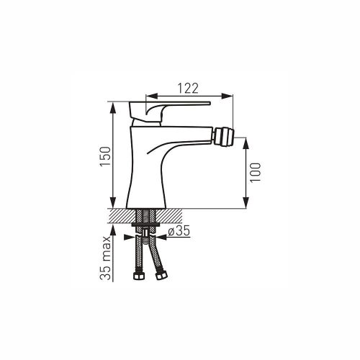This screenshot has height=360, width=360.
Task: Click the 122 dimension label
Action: tap(188, 89)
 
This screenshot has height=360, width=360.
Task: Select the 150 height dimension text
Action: tap(105, 156)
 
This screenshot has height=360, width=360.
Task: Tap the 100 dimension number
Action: tap(255, 173)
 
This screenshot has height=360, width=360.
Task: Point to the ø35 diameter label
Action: tap(179, 231)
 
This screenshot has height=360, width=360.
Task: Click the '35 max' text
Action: tap(105, 258)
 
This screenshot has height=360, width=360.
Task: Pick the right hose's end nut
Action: tap(161, 275)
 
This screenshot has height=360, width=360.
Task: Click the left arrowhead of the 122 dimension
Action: tap(151, 96)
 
